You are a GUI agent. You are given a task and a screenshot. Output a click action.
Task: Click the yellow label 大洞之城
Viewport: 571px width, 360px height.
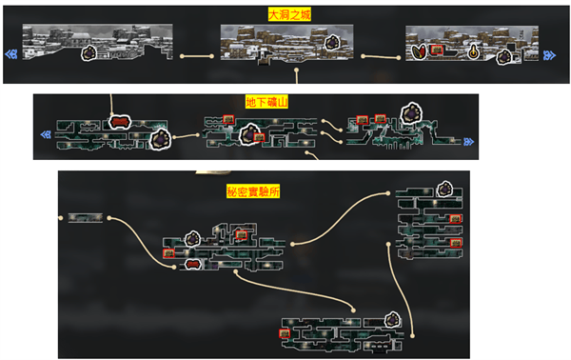click(x=289, y=14)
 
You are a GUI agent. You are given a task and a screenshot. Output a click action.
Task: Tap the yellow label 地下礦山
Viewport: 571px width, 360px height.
click(x=266, y=102)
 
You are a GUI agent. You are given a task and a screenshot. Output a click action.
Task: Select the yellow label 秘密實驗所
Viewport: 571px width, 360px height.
click(x=253, y=191)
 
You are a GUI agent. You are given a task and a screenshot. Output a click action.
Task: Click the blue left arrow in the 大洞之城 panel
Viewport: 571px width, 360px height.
click(x=10, y=54)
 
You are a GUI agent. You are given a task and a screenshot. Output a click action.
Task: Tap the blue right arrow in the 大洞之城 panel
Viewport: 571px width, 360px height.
click(x=549, y=55)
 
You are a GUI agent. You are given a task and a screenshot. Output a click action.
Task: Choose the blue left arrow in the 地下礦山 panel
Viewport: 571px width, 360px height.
click(x=46, y=135)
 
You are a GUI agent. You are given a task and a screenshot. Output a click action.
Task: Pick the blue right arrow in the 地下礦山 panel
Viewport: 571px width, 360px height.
click(x=468, y=142)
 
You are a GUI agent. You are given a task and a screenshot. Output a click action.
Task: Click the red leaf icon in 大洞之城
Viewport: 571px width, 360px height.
click(x=419, y=51)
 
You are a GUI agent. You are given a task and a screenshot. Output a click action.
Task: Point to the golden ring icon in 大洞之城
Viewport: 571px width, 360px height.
click(x=473, y=52)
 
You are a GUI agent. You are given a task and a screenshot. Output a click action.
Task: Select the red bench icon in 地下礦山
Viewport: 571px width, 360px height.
click(x=120, y=122)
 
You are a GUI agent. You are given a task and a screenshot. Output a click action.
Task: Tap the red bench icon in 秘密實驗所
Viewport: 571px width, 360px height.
click(x=193, y=264)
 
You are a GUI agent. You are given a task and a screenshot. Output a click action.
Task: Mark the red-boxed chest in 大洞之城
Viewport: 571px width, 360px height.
click(x=437, y=50)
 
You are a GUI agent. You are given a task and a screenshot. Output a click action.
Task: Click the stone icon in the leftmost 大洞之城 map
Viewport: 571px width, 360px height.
click(x=89, y=53)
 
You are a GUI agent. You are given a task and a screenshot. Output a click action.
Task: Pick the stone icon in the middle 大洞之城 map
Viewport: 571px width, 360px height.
click(x=332, y=43)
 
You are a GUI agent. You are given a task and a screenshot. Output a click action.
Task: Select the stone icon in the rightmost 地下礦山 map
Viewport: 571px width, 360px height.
click(x=411, y=113)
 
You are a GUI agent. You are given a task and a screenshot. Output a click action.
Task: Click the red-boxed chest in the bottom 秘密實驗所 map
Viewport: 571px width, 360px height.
click(x=285, y=333)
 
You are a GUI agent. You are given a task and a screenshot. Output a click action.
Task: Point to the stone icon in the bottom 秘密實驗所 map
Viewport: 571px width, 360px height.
click(x=392, y=320)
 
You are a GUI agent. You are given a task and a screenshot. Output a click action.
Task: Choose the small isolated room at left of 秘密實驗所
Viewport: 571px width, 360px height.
click(x=86, y=218)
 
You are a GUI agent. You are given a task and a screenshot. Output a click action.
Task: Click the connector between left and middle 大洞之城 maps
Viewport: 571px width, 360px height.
click(x=197, y=56)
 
